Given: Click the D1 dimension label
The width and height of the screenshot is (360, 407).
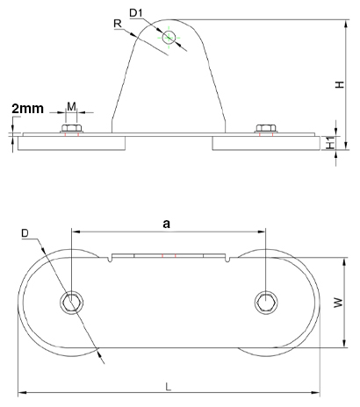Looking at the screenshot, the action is [135, 13].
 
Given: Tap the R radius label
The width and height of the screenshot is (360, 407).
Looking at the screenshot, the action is [118, 24].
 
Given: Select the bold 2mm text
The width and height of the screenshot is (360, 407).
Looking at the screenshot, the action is [27, 109].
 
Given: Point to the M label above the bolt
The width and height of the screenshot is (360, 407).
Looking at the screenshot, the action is [71, 107].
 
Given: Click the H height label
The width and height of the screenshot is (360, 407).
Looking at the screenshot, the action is [340, 85].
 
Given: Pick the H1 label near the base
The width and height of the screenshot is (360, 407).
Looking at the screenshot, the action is [331, 143].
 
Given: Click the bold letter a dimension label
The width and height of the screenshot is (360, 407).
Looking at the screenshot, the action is [166, 224].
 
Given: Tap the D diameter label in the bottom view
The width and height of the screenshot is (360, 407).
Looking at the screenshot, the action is [25, 233].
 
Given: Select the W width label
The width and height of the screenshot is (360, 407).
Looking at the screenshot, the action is [338, 303].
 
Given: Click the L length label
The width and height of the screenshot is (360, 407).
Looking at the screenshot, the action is [168, 388].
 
